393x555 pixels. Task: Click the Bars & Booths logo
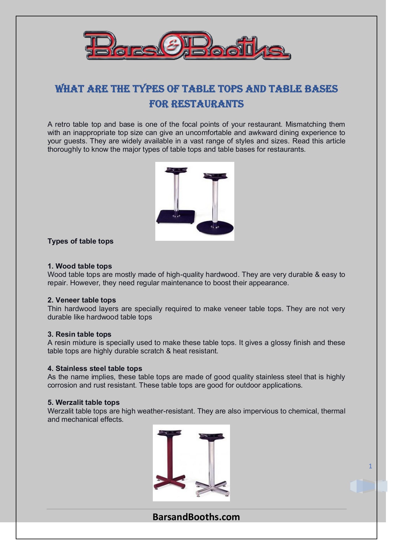pos(187,46)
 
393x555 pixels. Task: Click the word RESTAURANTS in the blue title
pos(207,104)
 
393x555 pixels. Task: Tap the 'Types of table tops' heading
pos(81,241)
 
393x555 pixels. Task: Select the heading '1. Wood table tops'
pos(80,266)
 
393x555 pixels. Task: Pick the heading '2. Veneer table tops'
pos(82,300)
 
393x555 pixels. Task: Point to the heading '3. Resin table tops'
pos(79,334)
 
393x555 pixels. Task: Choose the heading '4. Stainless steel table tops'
pos(95,368)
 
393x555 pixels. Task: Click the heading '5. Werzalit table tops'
pos(83,402)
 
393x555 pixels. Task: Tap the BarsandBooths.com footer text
pos(196,517)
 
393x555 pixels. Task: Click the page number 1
pos(370,466)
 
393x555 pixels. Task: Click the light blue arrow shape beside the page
pos(369,486)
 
